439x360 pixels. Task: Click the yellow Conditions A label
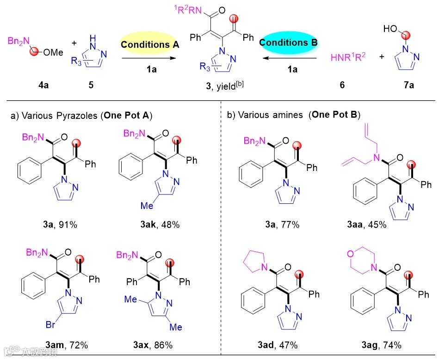[x=146, y=45]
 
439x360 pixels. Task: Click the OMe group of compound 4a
[x=53, y=53]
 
